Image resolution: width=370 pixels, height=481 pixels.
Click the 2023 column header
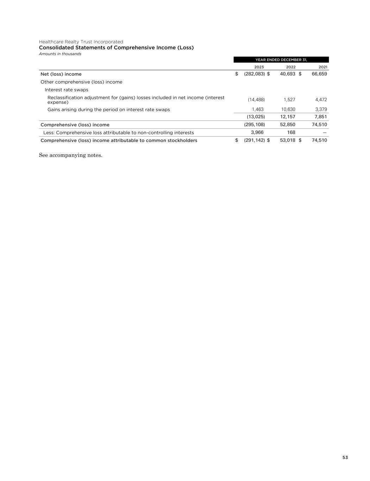click(x=259, y=67)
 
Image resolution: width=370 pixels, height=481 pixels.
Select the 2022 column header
click(x=290, y=67)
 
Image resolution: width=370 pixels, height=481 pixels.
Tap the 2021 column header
click(x=323, y=67)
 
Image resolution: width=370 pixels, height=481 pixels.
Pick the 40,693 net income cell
click(x=287, y=74)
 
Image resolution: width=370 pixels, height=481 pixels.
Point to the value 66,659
click(x=319, y=74)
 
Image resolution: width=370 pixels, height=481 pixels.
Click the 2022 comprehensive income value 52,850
click(x=287, y=125)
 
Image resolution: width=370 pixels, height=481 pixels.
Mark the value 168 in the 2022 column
click(x=291, y=132)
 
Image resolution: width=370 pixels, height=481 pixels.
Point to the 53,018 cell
click(x=287, y=140)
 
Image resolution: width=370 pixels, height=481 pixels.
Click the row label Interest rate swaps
click(x=66, y=90)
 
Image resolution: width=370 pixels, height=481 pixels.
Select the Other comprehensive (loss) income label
click(x=81, y=82)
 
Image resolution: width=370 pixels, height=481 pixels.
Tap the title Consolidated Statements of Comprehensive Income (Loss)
click(x=116, y=48)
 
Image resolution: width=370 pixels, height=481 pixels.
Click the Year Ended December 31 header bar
click(x=281, y=60)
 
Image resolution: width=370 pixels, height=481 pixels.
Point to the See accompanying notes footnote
click(x=70, y=155)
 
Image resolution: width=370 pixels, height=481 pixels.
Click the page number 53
click(x=345, y=457)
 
